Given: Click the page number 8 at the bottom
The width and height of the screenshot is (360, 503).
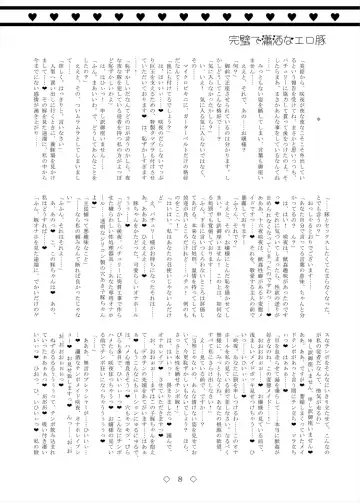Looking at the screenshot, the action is (x=181, y=481).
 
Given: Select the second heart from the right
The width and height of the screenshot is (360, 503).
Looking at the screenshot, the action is (x=314, y=17).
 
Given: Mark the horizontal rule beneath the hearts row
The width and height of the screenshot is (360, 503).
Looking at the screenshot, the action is (x=180, y=25).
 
